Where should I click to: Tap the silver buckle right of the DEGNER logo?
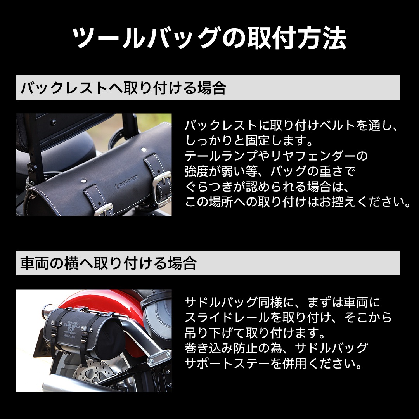point(162,180)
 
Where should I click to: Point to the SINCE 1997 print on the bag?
point(69,336)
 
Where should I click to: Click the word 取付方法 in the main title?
point(297,38)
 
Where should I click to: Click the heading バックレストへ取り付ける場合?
point(123,88)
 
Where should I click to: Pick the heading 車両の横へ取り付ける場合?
point(109,263)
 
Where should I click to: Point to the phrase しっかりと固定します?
point(246,140)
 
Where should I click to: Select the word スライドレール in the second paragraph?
point(227,317)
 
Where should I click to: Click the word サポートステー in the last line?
point(227,364)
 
